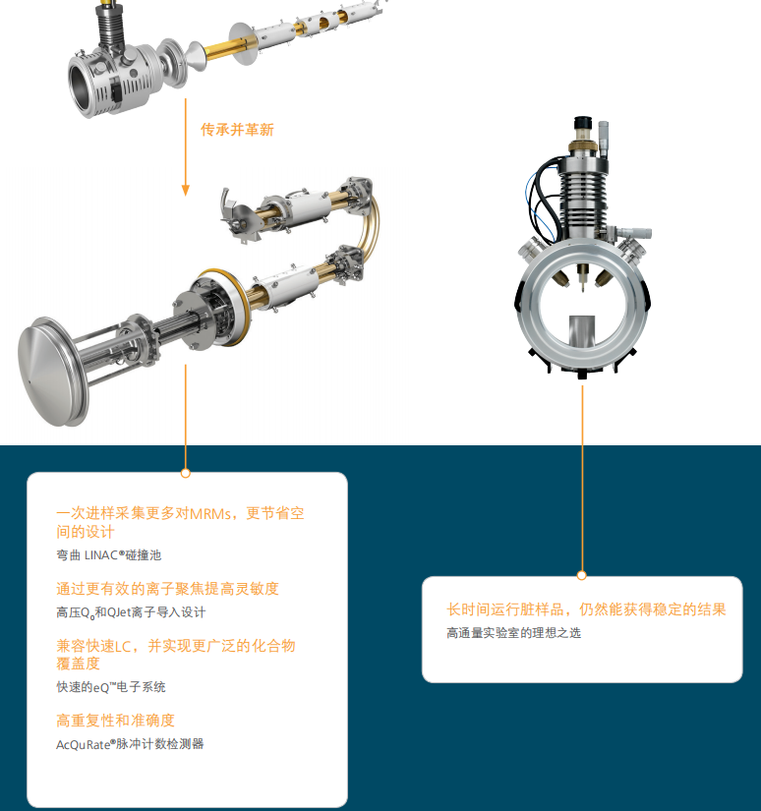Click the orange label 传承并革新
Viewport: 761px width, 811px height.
click(x=237, y=130)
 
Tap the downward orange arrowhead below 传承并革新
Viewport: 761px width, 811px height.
click(x=185, y=191)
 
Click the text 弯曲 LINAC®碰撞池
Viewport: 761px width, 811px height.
click(x=108, y=555)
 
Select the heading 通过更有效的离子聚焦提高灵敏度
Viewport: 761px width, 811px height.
click(x=167, y=588)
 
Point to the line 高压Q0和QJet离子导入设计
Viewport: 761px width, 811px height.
click(x=131, y=612)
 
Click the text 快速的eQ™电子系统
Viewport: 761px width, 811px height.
click(x=111, y=687)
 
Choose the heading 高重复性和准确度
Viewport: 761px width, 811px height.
click(x=115, y=720)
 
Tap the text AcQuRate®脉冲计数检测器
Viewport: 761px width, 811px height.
click(x=130, y=744)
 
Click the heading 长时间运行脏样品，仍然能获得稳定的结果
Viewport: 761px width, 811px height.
click(x=586, y=609)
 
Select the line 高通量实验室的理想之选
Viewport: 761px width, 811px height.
click(x=513, y=632)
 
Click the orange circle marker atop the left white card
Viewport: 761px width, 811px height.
click(x=186, y=473)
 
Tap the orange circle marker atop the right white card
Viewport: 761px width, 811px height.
click(x=582, y=575)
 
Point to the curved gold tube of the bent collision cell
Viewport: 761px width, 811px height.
click(x=371, y=228)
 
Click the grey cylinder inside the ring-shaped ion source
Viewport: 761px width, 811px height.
click(x=582, y=330)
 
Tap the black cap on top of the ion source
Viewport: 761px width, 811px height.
click(x=582, y=123)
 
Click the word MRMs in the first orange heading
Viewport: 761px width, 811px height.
click(x=211, y=513)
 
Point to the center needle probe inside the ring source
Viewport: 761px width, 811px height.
click(x=582, y=278)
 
